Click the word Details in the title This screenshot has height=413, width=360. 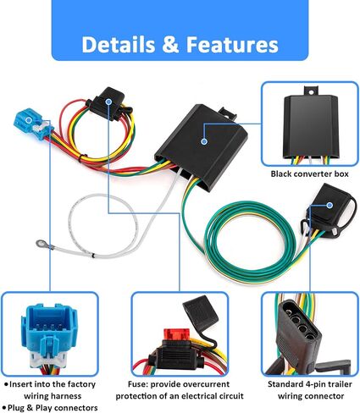coord(119,45)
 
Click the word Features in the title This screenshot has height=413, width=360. coord(232,45)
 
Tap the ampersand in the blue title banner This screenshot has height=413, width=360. coord(170,45)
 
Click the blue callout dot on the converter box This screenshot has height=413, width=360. coord(204,141)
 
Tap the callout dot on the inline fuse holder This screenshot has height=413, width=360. coord(108,102)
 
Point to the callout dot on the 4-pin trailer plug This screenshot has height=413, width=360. coord(330,206)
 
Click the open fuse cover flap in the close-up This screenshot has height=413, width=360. coord(200,313)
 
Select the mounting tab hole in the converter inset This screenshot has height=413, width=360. coord(311,92)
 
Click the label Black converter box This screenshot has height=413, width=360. coord(310,173)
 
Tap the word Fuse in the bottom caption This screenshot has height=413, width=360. coord(138,384)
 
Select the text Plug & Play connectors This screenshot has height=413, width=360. coord(53,408)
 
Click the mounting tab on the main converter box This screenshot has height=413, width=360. coord(227,113)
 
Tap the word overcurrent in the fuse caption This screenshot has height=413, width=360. coord(205,384)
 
